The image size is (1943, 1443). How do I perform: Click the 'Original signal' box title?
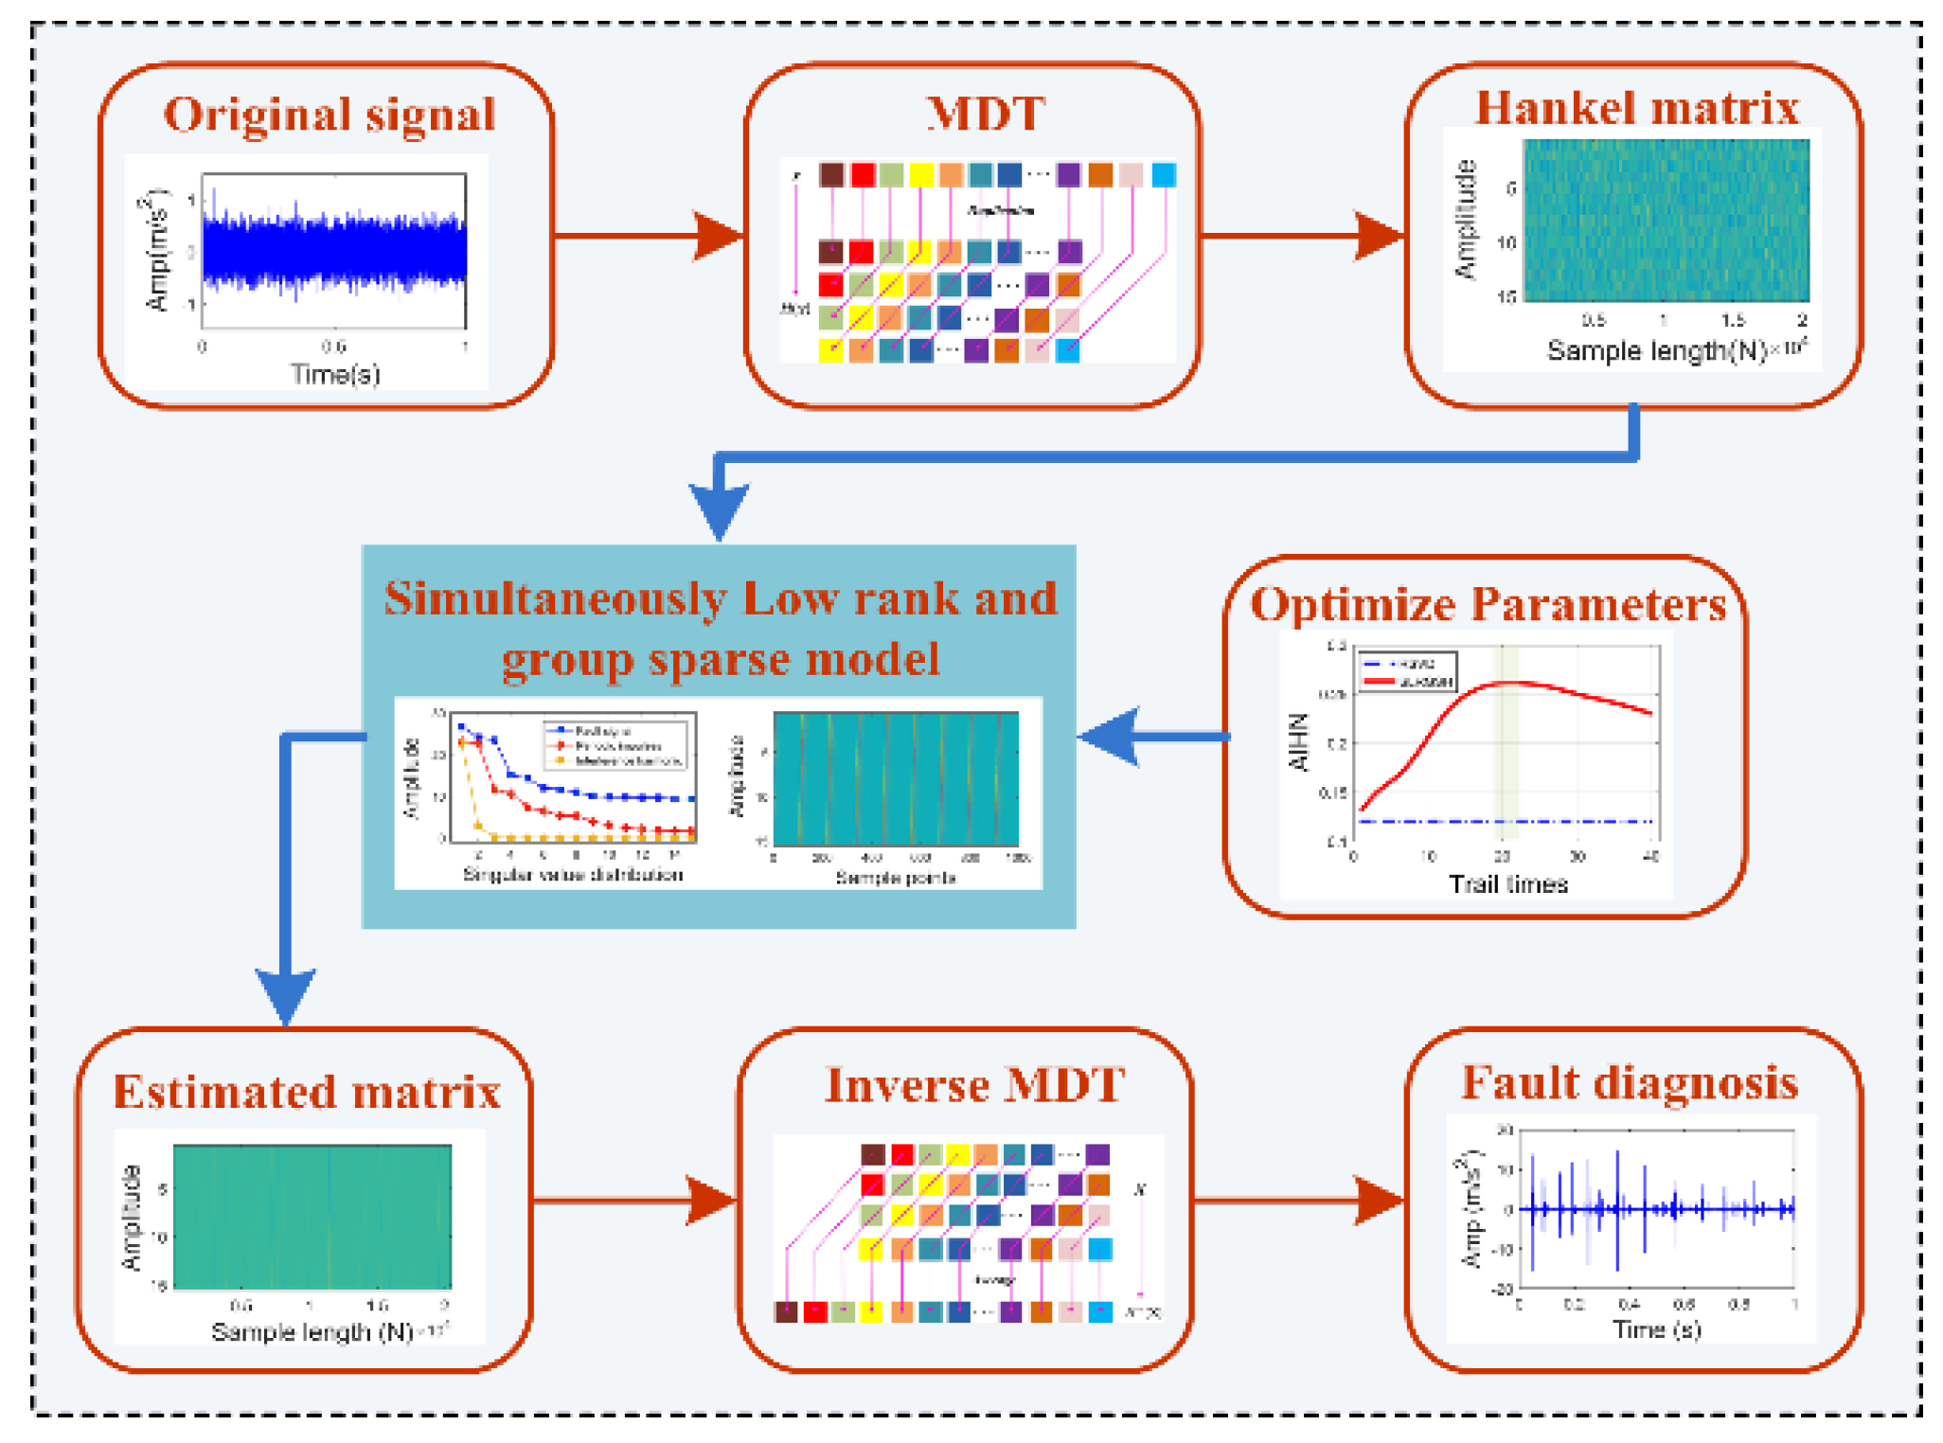tap(330, 116)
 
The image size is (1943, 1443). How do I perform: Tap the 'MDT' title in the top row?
tap(985, 114)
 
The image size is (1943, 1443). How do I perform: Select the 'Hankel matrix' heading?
tap(1637, 108)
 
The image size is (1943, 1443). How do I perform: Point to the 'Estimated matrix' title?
tap(307, 1092)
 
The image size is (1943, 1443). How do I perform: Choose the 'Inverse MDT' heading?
tap(974, 1085)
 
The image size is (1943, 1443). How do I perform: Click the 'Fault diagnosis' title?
tap(1629, 1082)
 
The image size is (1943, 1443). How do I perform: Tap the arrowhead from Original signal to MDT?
tap(720, 236)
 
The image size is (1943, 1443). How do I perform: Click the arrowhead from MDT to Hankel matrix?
tap(1380, 236)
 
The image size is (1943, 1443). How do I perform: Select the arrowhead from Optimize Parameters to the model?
tap(1108, 737)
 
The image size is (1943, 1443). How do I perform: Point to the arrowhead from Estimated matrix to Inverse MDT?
tap(711, 1201)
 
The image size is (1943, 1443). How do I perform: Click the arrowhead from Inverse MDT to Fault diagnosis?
tap(1379, 1201)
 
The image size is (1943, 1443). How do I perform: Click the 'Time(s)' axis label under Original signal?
tap(335, 375)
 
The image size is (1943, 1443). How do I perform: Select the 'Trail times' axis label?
tap(1508, 884)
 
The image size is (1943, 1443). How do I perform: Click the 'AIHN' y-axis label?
tap(1299, 743)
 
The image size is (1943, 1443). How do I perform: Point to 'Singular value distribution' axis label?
tap(573, 875)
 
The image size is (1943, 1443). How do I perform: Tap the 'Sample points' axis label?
tap(895, 878)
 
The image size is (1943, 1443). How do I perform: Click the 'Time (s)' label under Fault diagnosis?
tap(1656, 1329)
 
